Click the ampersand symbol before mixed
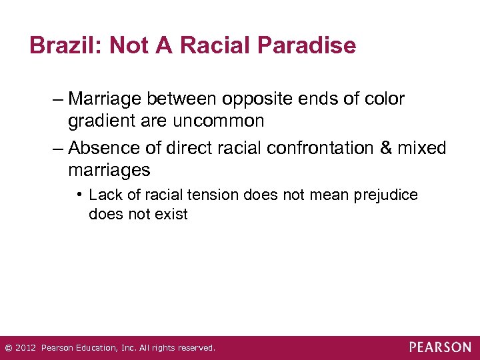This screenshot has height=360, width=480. tap(387, 148)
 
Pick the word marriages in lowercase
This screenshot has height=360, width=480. tap(109, 171)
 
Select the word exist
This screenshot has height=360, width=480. tap(172, 215)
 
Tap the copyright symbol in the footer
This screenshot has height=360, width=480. tap(8, 348)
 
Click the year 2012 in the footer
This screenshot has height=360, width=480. tap(25, 348)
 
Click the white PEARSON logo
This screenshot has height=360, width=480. tap(440, 347)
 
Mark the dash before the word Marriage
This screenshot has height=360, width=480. tap(58, 99)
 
